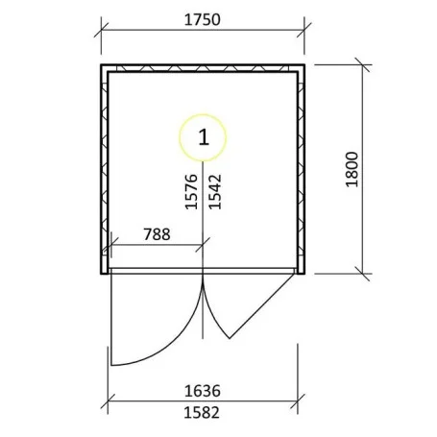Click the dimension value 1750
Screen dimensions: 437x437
point(203,20)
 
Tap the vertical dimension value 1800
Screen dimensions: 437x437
point(352,169)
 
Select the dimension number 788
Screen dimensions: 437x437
point(157,234)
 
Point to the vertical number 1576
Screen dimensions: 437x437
point(191,191)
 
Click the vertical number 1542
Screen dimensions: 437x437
point(215,191)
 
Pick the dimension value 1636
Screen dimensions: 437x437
point(203,391)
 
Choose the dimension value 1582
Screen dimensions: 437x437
point(202,413)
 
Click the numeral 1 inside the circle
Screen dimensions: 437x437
point(204,137)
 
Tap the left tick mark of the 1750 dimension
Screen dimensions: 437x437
point(101,30)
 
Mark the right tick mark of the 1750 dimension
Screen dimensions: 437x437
point(304,30)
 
